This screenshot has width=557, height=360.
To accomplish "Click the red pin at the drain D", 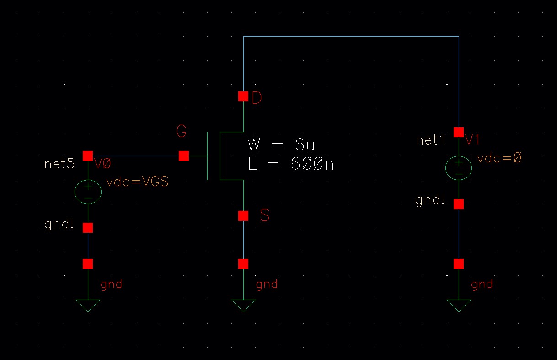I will [243, 97].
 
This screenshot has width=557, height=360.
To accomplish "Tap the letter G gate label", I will [182, 132].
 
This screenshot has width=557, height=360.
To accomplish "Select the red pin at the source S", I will [243, 215].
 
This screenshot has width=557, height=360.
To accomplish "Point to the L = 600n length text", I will [291, 164].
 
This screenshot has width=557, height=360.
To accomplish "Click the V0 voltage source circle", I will [88, 191].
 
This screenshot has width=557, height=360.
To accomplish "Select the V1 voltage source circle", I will [459, 167].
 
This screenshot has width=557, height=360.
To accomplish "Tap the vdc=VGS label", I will [137, 182].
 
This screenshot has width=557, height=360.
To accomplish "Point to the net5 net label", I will [59, 164].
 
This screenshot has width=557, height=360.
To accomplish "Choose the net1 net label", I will [430, 140].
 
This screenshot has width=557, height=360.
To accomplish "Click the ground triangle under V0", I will [88, 305].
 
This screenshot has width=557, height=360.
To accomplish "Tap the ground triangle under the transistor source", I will [243, 305].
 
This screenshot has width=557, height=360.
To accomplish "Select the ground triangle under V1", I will [459, 305].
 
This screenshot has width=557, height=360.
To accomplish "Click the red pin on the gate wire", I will [184, 156].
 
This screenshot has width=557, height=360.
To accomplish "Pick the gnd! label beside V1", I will [430, 200].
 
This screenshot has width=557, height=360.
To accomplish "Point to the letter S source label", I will [264, 215].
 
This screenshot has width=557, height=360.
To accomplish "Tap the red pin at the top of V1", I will [459, 132].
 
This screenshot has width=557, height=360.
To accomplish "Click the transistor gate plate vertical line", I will [208, 156].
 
